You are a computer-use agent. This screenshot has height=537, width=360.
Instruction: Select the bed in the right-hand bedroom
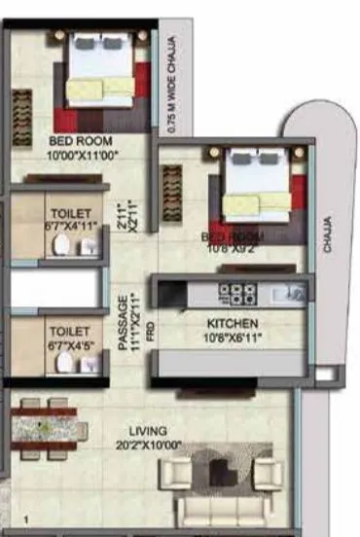point(257,188)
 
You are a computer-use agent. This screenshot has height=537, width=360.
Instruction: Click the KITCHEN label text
point(232,323)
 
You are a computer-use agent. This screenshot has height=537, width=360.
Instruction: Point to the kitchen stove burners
point(235,292)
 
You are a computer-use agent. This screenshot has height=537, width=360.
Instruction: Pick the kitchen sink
point(289,291)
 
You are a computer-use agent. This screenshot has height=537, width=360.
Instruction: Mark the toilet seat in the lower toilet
point(64,363)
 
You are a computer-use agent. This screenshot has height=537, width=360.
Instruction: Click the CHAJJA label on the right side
point(328,233)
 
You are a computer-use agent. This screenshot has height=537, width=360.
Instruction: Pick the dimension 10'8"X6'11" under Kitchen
point(232,338)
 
